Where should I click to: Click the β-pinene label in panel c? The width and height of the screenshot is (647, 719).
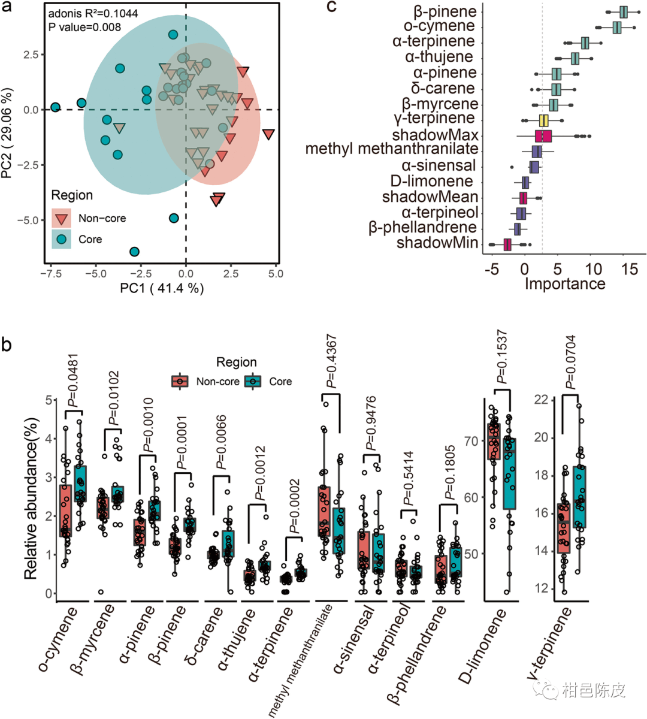(x=445, y=12)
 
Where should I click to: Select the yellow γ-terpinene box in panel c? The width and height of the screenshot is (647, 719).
(x=543, y=120)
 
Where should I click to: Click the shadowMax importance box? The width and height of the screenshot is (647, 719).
(x=543, y=136)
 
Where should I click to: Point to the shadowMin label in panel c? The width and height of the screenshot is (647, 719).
(x=437, y=243)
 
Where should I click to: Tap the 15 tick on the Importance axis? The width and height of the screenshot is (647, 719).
(x=630, y=269)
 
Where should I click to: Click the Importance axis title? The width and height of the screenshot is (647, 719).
(x=565, y=283)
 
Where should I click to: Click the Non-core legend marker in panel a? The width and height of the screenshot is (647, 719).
(x=61, y=218)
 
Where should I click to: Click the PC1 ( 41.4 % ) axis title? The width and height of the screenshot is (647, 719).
(x=162, y=288)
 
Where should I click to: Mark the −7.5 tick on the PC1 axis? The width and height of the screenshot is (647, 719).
(x=52, y=273)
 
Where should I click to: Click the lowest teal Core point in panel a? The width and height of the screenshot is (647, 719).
(x=135, y=252)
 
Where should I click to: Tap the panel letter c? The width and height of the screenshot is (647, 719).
(x=331, y=7)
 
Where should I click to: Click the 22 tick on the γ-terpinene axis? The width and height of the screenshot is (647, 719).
(x=541, y=400)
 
